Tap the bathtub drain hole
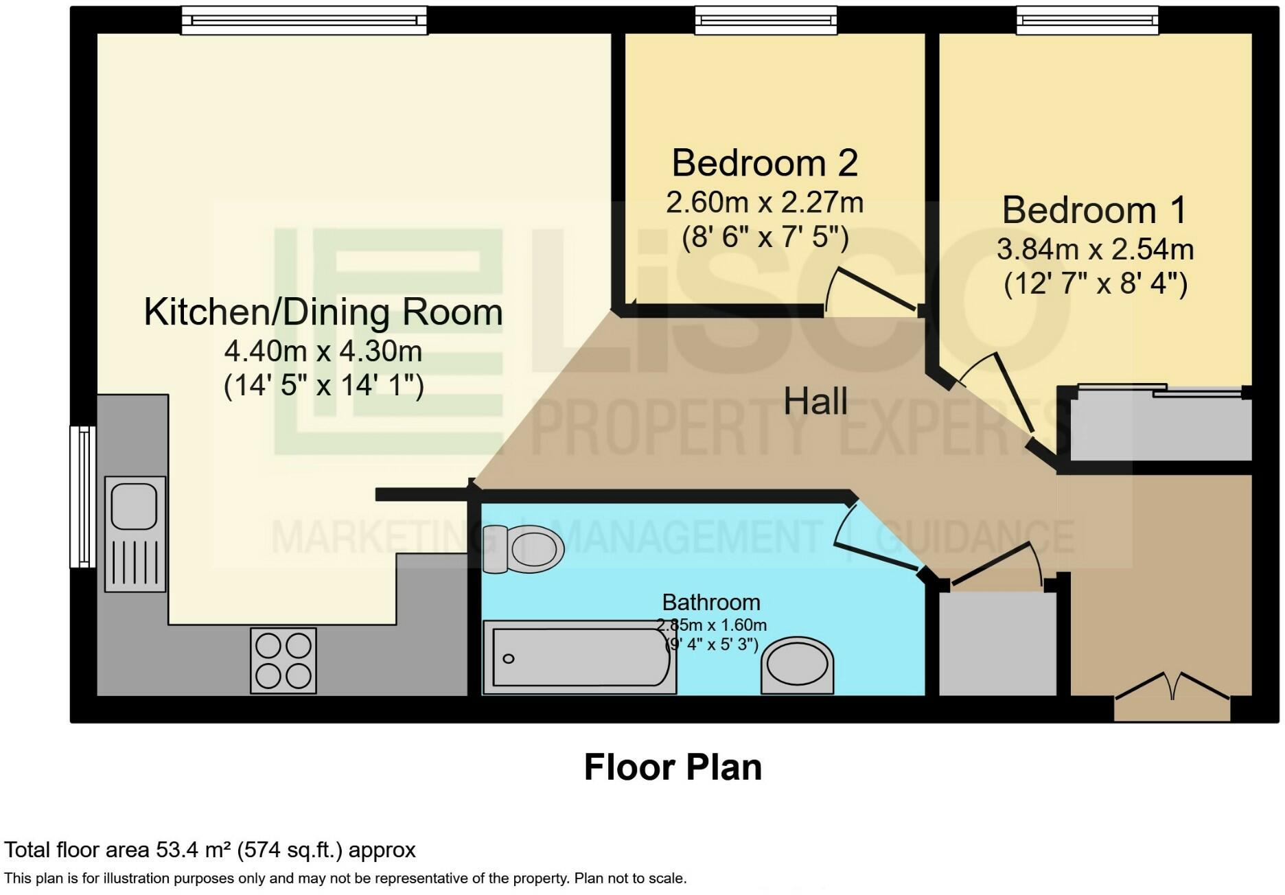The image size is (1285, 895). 509,659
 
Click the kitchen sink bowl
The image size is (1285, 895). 135,506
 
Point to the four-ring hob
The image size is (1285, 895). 283,661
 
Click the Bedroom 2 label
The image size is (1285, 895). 765,163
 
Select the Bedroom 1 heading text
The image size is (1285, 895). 1094,210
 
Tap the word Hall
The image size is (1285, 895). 815,401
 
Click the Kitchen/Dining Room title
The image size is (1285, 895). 323,312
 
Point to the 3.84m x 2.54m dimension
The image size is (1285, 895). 1095,249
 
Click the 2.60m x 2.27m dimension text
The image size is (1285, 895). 765,202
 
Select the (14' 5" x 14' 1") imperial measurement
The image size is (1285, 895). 323,386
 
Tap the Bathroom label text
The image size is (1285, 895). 711,603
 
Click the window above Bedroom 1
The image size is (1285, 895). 1087,21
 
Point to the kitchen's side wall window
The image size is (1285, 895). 83,497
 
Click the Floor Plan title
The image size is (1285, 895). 673,767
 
